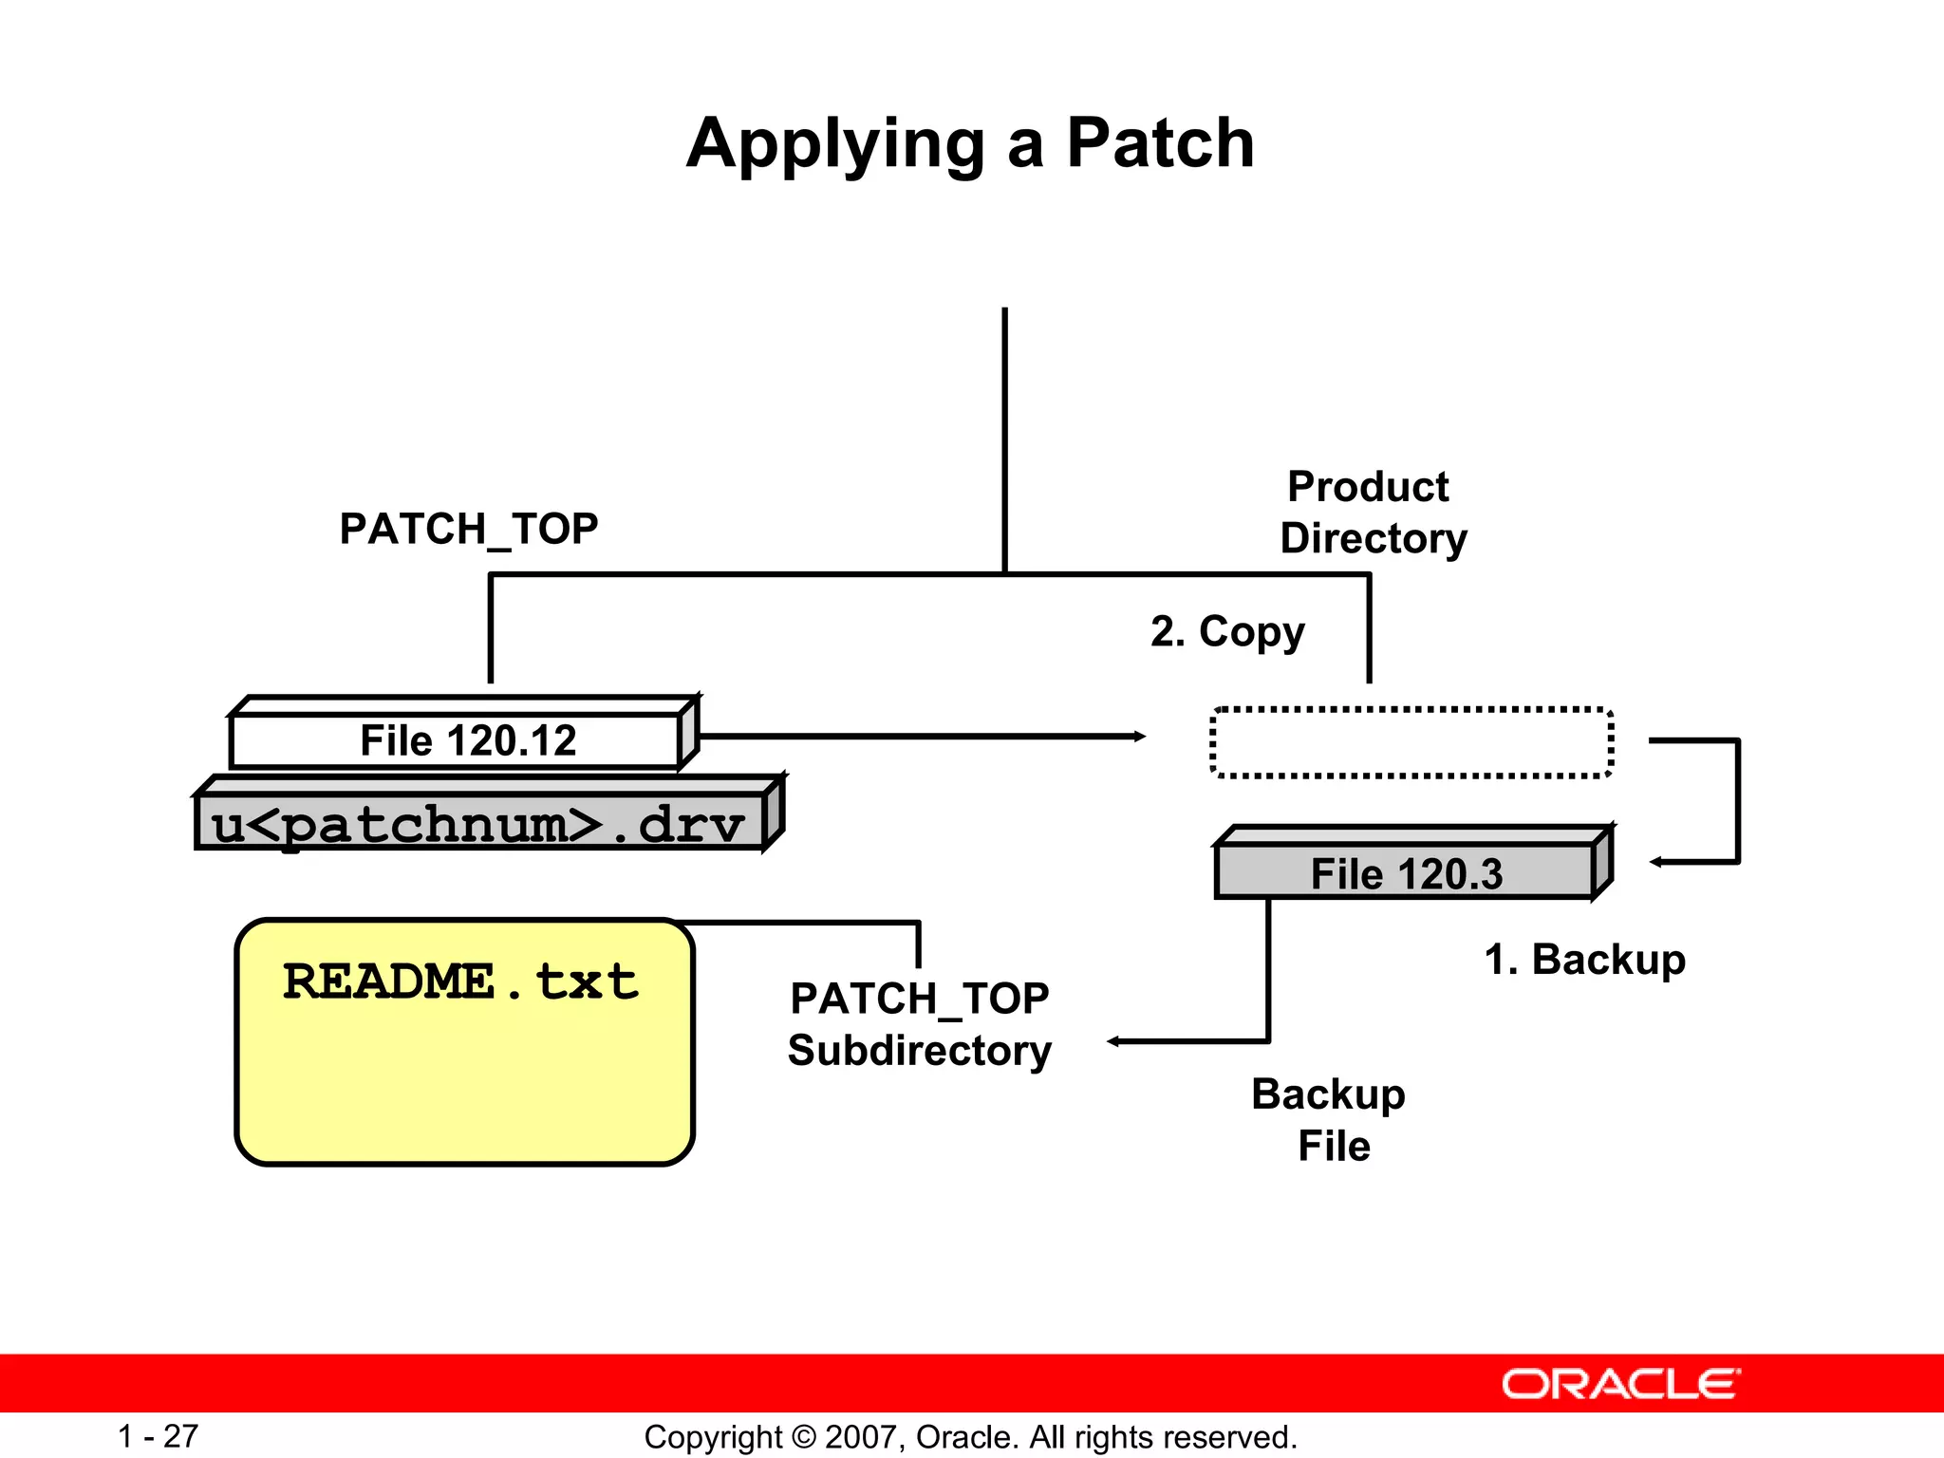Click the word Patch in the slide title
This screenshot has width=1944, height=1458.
[x=1160, y=144]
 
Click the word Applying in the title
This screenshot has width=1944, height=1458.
[x=835, y=144]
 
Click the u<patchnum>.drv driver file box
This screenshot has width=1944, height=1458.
[x=478, y=823]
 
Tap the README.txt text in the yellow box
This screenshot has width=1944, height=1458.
[x=460, y=981]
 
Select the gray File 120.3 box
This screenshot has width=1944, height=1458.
[x=1405, y=872]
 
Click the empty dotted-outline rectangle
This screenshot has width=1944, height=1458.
[x=1411, y=743]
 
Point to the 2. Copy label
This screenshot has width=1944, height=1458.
[x=1227, y=632]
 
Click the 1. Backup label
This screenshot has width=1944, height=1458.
[x=1584, y=960]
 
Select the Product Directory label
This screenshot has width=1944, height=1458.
[x=1373, y=513]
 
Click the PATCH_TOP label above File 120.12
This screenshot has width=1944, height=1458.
[x=469, y=529]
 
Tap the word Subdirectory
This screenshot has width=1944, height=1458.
[x=920, y=1051]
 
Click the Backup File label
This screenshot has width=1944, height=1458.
[x=1329, y=1120]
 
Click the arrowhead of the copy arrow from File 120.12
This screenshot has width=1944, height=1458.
[x=1140, y=737]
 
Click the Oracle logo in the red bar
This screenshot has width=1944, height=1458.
[x=1620, y=1384]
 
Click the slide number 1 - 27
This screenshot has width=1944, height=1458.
[x=158, y=1436]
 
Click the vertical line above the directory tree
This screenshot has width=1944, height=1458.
[x=1004, y=437]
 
